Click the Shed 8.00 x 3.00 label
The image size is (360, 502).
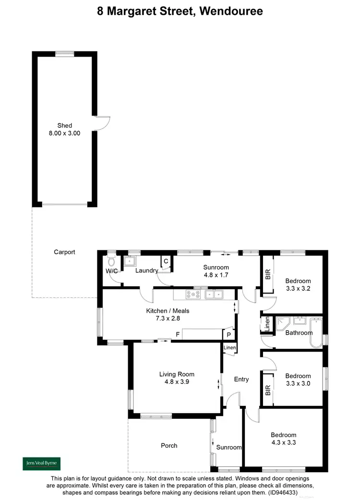coord(64,130)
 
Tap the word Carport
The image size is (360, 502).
coord(64,252)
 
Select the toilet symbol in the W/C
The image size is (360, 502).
coord(112,261)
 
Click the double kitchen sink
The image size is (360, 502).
coord(214,294)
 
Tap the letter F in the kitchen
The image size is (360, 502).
coord(178,333)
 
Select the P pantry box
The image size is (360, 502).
coord(228,335)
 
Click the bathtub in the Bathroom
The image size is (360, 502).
coord(317,332)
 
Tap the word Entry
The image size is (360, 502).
coord(241,380)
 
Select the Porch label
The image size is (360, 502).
coord(169,445)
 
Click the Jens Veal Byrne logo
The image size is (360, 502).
coord(42,464)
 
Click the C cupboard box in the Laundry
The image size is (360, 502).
coord(166,261)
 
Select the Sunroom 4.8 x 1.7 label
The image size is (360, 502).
coord(216,271)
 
